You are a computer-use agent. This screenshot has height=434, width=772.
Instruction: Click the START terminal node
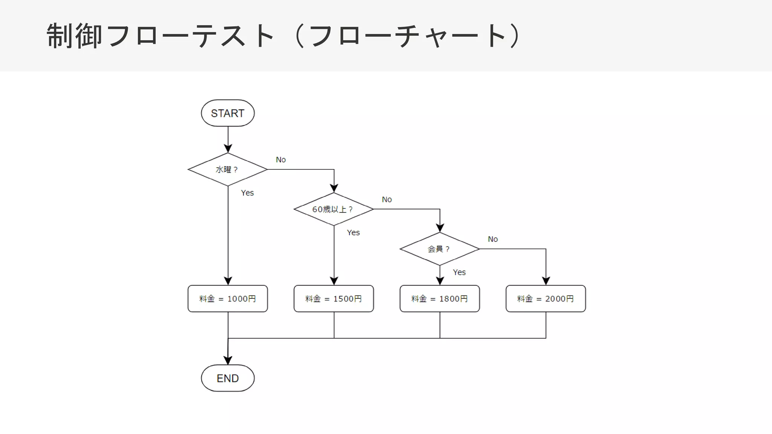(x=228, y=113)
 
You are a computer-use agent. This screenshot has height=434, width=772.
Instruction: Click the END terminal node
(x=228, y=378)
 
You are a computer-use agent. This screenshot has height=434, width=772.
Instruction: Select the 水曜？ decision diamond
(x=228, y=170)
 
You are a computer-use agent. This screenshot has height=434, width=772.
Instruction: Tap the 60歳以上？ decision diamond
(x=334, y=209)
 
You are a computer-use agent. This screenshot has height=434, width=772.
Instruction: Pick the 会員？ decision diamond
(x=440, y=249)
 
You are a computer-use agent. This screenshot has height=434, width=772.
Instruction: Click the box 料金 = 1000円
(x=228, y=298)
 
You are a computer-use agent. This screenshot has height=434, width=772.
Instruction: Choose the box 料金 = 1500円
(x=334, y=298)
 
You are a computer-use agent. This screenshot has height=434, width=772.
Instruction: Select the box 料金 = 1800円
(x=440, y=298)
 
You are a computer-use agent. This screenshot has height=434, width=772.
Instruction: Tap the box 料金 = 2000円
(x=545, y=298)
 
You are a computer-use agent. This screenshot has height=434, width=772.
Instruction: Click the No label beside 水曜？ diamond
(x=281, y=160)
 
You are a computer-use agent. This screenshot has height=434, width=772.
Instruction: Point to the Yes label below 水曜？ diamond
(x=247, y=193)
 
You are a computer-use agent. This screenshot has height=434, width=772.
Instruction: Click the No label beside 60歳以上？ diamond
(x=387, y=199)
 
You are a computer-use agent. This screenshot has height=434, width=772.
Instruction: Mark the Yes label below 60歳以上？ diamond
(x=353, y=232)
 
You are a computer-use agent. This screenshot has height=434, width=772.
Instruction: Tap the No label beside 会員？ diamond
(x=493, y=239)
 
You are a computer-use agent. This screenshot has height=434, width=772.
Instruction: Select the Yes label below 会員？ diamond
(x=459, y=272)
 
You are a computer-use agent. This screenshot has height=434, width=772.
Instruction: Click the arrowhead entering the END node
(x=228, y=361)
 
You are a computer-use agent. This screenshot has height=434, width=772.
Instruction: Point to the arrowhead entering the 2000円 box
(x=546, y=281)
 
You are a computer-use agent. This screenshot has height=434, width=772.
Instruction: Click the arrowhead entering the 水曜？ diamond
(x=228, y=148)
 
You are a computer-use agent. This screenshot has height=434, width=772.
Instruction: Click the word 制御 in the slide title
(x=74, y=36)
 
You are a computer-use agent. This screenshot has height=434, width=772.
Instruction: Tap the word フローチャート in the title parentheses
(x=407, y=36)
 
